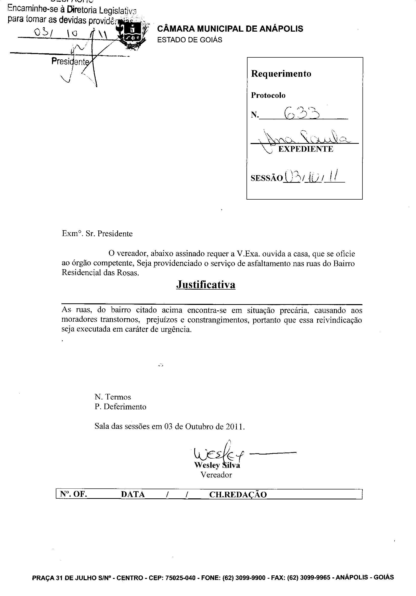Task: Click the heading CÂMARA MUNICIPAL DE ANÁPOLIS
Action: coord(230,29)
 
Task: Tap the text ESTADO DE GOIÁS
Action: coord(189,40)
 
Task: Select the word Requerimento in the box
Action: coord(281,74)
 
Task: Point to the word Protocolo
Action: coord(268,96)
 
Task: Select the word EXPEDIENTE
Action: coord(305,149)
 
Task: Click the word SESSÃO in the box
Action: coord(266,178)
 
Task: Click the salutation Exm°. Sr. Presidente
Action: coord(97,234)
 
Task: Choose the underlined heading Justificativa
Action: coord(205,284)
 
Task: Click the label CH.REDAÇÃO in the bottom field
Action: coord(238,495)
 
